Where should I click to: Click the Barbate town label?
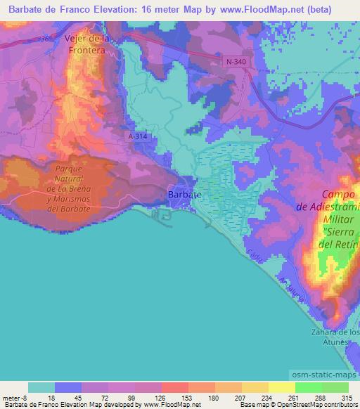186,194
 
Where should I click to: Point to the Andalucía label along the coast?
290,290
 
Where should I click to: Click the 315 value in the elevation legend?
347,397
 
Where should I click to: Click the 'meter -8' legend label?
15,397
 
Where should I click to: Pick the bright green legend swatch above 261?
308,387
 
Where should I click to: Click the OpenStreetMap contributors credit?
319,405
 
